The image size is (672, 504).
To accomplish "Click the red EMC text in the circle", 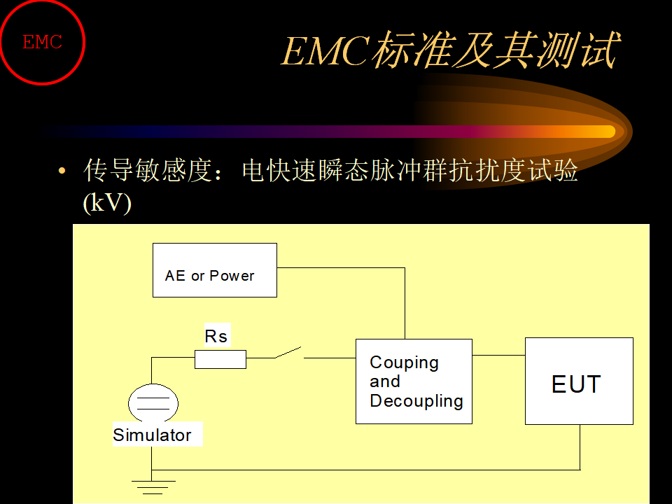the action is [42, 42].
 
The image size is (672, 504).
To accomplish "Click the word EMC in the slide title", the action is [325, 51].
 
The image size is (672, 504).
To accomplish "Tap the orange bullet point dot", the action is [62, 171].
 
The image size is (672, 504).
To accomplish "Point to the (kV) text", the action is [107, 203].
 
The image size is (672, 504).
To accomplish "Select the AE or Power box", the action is [215, 270].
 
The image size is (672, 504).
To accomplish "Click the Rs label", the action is [216, 336].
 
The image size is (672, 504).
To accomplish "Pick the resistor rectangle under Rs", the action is [220, 359].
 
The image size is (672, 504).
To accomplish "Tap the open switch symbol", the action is [289, 353].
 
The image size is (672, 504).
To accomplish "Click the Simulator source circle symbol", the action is [153, 403].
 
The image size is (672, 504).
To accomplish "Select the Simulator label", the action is [152, 435].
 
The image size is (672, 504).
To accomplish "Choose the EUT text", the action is [576, 384].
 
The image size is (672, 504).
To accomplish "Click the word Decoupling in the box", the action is [416, 401].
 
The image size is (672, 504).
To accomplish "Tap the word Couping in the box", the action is [404, 363].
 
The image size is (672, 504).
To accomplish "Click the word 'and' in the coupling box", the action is [385, 381].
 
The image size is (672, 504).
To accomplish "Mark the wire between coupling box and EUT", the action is [499, 356].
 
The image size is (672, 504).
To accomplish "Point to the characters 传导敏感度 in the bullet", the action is [148, 170].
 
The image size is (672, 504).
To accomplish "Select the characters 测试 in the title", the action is [578, 50].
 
